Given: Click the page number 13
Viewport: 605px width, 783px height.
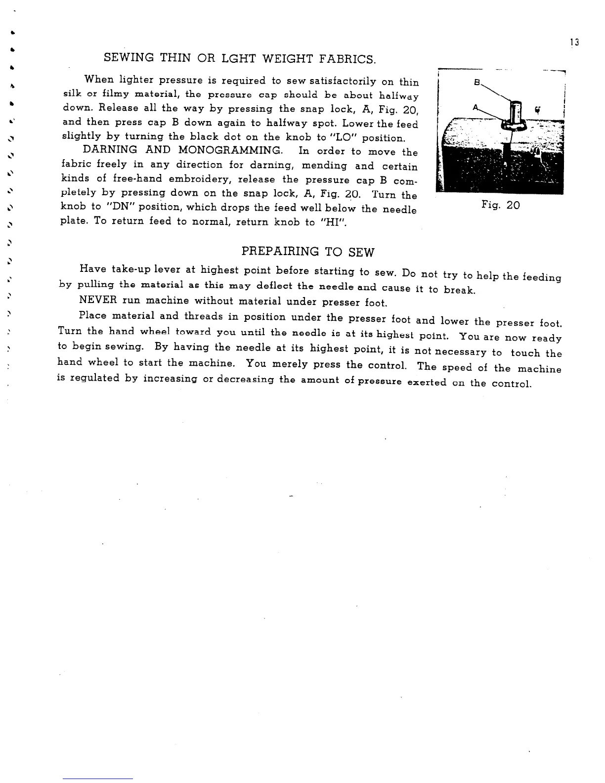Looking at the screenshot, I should pos(574,42).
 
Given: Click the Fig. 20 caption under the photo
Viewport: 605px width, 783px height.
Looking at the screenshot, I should pos(501,205).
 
